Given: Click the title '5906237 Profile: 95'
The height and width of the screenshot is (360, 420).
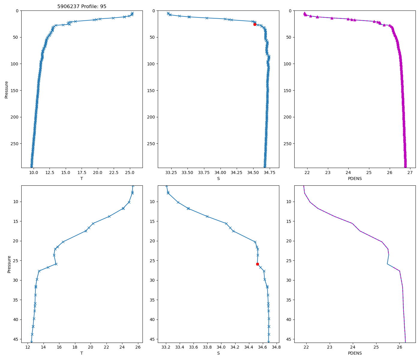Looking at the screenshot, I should (x=82, y=6).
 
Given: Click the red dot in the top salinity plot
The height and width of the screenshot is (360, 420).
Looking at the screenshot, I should (x=255, y=24).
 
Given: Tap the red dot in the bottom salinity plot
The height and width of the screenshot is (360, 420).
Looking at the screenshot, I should (x=257, y=264).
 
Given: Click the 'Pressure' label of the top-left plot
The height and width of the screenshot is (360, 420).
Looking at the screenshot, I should (x=7, y=89).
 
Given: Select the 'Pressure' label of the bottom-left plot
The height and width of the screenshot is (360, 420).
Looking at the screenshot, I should (x=9, y=264).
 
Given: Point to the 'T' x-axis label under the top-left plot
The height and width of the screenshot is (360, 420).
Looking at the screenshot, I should (x=82, y=178).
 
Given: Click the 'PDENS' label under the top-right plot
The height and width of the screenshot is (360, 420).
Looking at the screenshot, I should (x=355, y=178).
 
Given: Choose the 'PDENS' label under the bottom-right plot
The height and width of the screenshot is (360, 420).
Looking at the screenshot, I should (x=355, y=353).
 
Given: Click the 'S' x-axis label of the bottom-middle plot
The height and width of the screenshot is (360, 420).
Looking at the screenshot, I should (x=218, y=353).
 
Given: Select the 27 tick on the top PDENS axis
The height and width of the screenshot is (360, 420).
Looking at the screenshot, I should (x=410, y=172).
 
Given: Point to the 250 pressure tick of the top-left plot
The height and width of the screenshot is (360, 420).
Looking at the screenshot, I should (x=15, y=144).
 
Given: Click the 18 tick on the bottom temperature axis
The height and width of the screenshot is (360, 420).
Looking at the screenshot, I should (x=75, y=347).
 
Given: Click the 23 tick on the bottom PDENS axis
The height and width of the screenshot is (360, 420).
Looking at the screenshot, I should (x=330, y=347).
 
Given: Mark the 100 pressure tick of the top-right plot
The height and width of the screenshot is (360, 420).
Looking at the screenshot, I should (x=288, y=64).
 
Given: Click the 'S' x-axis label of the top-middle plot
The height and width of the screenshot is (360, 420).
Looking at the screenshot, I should (x=218, y=178).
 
